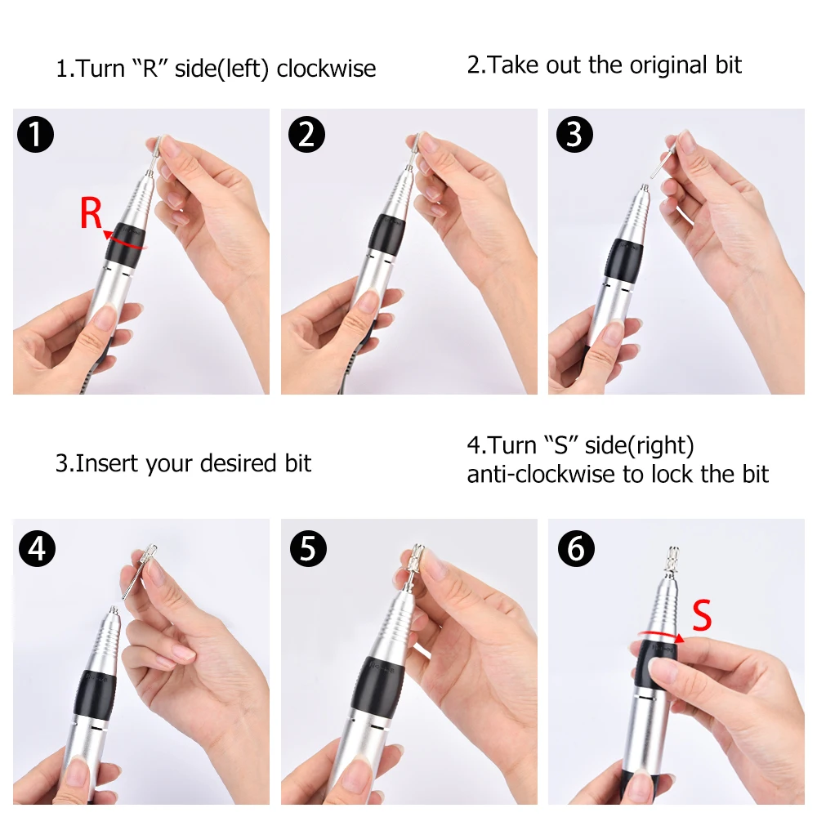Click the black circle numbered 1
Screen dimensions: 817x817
[x=35, y=135]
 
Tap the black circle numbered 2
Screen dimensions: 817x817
[x=306, y=135]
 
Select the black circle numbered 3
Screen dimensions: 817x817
[x=574, y=135]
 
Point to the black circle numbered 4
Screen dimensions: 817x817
[x=37, y=548]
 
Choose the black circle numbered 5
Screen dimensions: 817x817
[x=308, y=548]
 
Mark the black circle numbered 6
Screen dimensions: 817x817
[x=576, y=548]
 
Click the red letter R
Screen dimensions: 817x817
[x=91, y=212]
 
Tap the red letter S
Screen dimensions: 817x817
[x=702, y=615]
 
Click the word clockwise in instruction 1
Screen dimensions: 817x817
[x=326, y=69]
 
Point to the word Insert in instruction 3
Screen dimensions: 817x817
[x=107, y=463]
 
